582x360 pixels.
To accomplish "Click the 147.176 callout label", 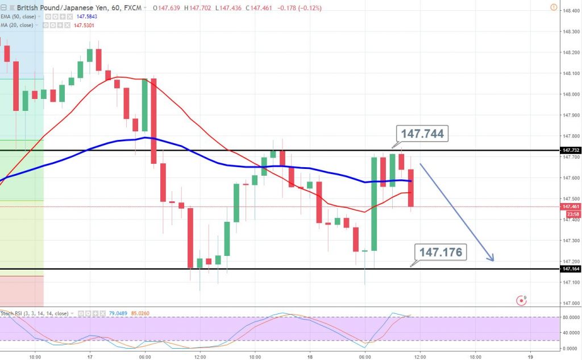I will tap(440, 252).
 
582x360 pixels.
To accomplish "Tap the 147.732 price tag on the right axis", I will tap(571, 151).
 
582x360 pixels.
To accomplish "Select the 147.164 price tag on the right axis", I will tap(571, 269).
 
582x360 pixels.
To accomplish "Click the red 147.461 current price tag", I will tap(571, 206).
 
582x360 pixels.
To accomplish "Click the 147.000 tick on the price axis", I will tap(570, 303).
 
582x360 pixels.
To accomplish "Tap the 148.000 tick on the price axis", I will tap(570, 94).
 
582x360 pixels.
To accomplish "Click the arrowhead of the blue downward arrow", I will tap(492, 259).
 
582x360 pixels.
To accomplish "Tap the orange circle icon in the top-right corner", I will tap(554, 7).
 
